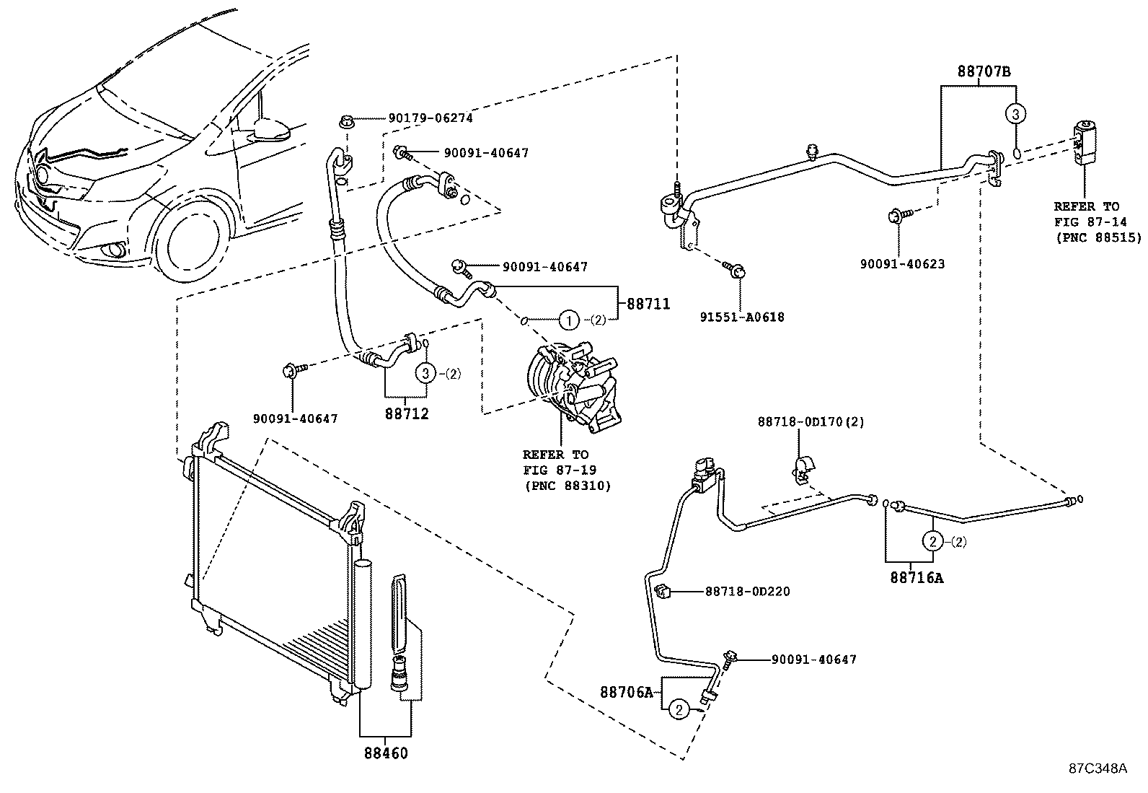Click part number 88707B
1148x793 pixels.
tap(984, 72)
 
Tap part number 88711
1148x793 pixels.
tap(648, 305)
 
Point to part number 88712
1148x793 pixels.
tap(407, 414)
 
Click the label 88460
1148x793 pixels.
tap(385, 753)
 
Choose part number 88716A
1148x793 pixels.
tap(917, 577)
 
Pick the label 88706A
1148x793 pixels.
tap(626, 692)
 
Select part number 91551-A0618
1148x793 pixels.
tap(742, 317)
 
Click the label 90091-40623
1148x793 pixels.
tap(902, 264)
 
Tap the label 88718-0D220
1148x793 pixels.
tap(747, 592)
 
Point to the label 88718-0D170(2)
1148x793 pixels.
tap(811, 421)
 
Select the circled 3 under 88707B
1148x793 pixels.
tap(1015, 113)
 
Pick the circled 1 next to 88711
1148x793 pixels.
tap(568, 318)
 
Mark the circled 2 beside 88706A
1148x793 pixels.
tap(678, 710)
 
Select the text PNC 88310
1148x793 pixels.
tap(567, 486)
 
